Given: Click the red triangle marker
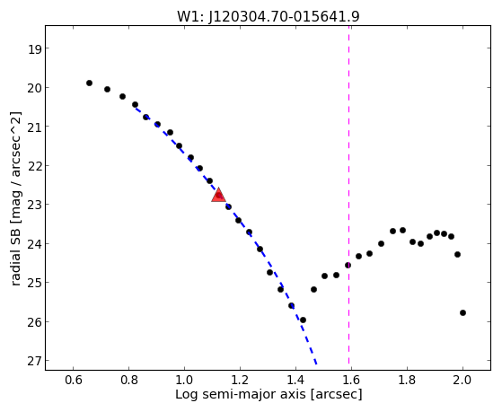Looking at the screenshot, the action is point(218,195).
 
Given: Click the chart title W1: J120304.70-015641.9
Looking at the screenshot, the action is point(269,17).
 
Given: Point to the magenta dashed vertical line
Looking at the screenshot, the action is point(349,197).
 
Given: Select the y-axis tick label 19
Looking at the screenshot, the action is point(34,48).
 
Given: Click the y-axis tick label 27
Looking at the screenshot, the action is point(34,361).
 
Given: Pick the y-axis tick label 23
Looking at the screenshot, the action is point(34,205).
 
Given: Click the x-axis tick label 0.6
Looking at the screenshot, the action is point(74,380).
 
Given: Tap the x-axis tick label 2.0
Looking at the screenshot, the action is point(462,380).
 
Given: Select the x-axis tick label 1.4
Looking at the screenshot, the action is point(295,380).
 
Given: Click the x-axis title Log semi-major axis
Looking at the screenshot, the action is point(241,394).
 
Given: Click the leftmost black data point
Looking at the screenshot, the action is point(89,83).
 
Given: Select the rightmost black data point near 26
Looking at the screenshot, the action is point(462,312).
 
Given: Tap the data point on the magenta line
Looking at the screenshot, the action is point(348,265).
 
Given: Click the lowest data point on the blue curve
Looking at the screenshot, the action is point(303,320).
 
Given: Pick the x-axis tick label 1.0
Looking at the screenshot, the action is point(184,380).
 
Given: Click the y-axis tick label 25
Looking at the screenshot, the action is point(34,283).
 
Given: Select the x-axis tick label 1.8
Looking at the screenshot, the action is point(407,380).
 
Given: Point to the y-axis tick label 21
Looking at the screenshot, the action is point(34,127).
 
